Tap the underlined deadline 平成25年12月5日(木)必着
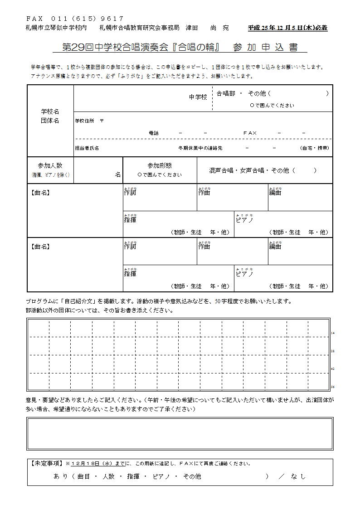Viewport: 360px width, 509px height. (287, 28)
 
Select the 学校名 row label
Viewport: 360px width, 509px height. (50, 111)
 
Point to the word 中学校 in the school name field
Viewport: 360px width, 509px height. (198, 97)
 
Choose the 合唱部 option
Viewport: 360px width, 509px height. (226, 94)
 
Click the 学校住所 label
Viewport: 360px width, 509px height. (85, 121)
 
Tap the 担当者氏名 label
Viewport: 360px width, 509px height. (87, 148)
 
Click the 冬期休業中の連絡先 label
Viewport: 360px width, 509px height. (200, 148)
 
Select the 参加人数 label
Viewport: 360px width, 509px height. (50, 166)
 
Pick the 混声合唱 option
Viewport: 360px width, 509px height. (221, 171)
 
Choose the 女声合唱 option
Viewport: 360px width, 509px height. (252, 171)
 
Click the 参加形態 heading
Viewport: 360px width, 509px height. (160, 166)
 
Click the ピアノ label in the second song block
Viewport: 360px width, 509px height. (244, 274)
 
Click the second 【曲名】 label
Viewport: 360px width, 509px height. (40, 247)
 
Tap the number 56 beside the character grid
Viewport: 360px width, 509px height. (332, 387)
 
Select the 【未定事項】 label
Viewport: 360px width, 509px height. (46, 464)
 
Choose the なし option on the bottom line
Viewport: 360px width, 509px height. (298, 476)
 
